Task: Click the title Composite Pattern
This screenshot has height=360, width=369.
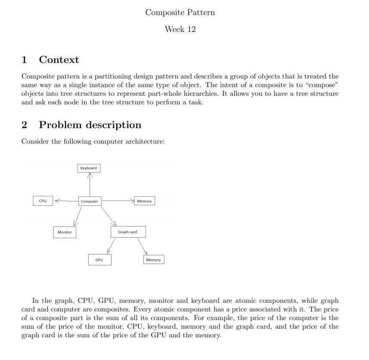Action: pyautogui.click(x=180, y=13)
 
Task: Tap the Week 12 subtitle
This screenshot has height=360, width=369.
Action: pyautogui.click(x=180, y=29)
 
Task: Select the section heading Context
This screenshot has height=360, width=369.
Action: pyautogui.click(x=59, y=59)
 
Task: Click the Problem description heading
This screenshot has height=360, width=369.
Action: pyautogui.click(x=90, y=125)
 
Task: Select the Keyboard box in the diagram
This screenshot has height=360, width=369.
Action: pyautogui.click(x=89, y=168)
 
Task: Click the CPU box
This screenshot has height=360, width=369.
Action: pyautogui.click(x=43, y=201)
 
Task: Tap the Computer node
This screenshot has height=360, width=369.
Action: pyautogui.click(x=90, y=201)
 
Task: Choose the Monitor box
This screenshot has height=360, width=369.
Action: pyautogui.click(x=65, y=232)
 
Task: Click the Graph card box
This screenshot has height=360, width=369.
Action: pyautogui.click(x=127, y=232)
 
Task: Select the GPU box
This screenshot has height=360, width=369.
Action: pyautogui.click(x=99, y=260)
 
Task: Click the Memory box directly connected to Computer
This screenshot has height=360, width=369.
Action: pyautogui.click(x=144, y=201)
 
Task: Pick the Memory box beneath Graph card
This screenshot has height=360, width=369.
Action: pyautogui.click(x=153, y=260)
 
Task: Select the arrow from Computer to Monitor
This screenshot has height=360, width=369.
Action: pyautogui.click(x=78, y=216)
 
